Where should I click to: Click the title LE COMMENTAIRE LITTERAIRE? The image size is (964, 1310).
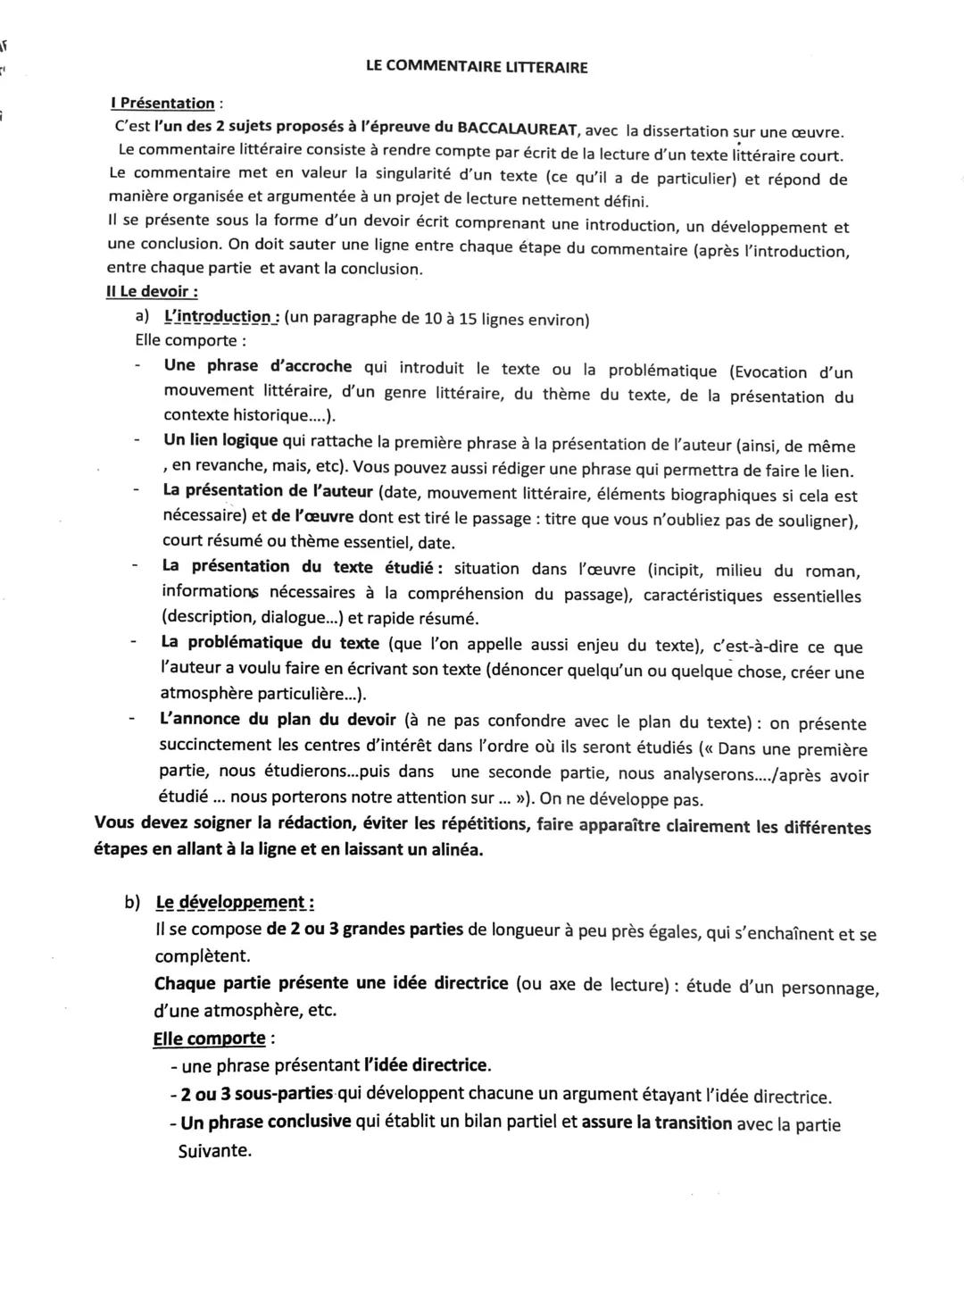click(x=477, y=66)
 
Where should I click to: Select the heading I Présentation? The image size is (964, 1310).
click(x=162, y=104)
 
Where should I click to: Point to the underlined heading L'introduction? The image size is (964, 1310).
click(x=221, y=317)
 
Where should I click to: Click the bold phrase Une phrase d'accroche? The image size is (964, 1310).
click(x=257, y=366)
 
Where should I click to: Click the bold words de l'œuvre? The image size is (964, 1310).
click(x=312, y=516)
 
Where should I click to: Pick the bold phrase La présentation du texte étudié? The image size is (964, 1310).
click(x=297, y=566)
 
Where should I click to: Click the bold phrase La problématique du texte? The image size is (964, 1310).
click(x=270, y=642)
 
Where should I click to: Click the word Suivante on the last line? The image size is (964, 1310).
click(x=214, y=1150)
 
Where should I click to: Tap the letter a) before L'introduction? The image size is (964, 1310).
click(x=142, y=316)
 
